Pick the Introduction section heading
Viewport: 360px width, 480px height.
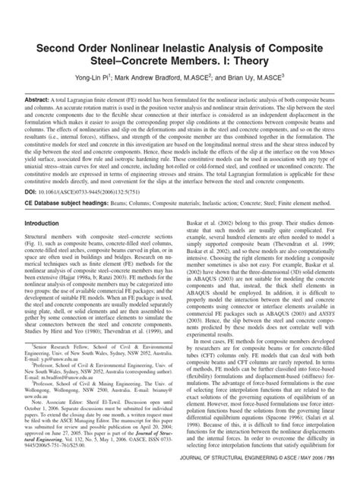(x=47, y=267)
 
